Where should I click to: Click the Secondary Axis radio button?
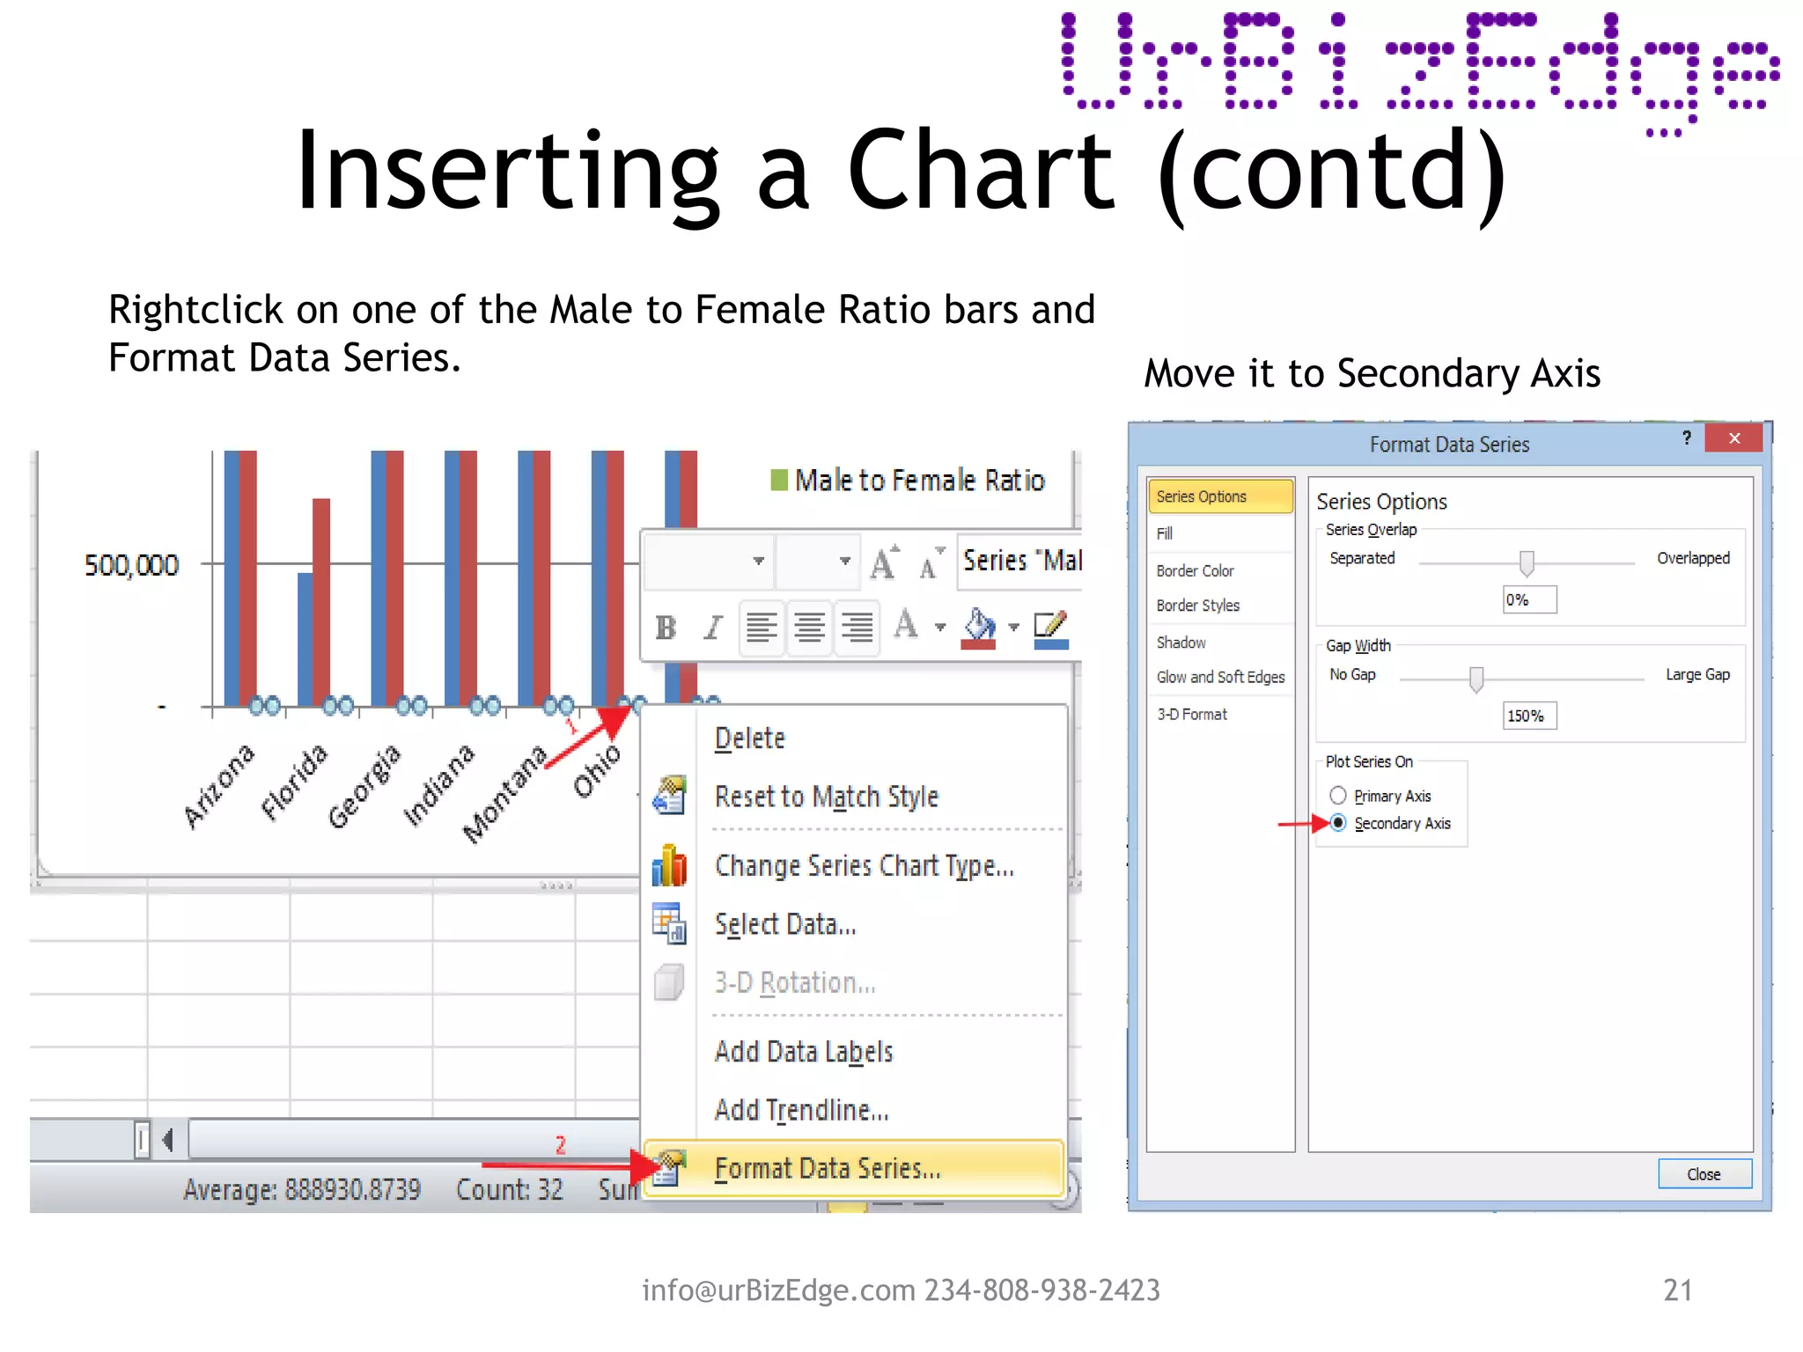[x=1338, y=823]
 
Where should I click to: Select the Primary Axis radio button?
[x=1338, y=796]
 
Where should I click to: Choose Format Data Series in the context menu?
[x=828, y=1168]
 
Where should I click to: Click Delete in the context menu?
[x=749, y=738]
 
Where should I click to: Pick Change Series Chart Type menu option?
[x=864, y=866]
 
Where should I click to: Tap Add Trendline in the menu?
[x=801, y=1110]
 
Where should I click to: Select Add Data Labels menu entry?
[x=803, y=1052]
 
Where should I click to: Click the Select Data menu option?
[x=784, y=924]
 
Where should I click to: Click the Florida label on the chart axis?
[x=294, y=782]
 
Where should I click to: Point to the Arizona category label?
[x=218, y=785]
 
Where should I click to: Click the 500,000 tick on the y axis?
[x=131, y=565]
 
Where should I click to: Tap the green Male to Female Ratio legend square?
[x=779, y=480]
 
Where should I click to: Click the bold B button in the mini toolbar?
[x=666, y=628]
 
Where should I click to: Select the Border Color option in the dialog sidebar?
[x=1195, y=570]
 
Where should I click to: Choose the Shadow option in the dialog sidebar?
[x=1181, y=643]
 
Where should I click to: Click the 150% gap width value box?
[x=1529, y=716]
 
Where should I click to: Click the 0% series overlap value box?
[x=1529, y=599]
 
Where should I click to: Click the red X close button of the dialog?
[x=1733, y=438]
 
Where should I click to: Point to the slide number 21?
[x=1677, y=1290]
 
